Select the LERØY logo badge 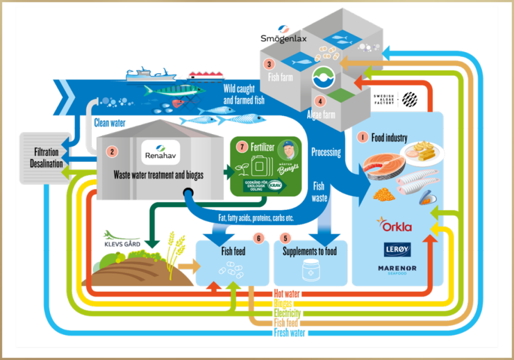[x=398, y=249]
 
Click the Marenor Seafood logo [x=398, y=270]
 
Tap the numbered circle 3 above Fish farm [x=270, y=64]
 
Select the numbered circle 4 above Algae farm [x=321, y=100]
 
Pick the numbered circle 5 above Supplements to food [x=286, y=238]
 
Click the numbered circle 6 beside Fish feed [x=259, y=238]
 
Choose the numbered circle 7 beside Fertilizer [x=242, y=147]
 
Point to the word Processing [x=326, y=152]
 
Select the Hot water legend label [x=287, y=294]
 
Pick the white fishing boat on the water [x=151, y=76]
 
